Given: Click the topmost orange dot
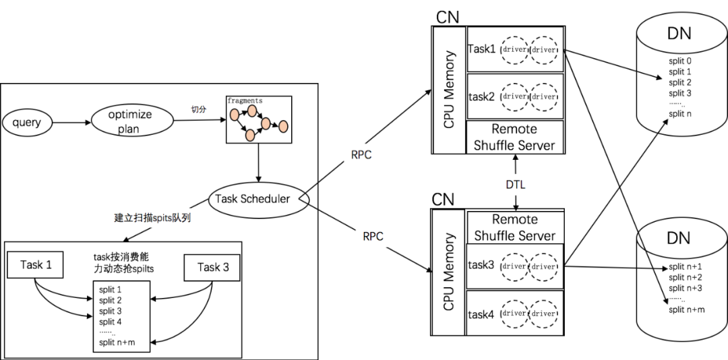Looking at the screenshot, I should pyautogui.click(x=252, y=111).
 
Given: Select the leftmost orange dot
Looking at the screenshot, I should pyautogui.click(x=235, y=115).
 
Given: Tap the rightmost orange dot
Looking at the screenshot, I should pyautogui.click(x=283, y=126).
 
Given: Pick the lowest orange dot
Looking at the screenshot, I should pyautogui.click(x=250, y=135).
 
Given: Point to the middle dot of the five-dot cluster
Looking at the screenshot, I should pyautogui.click(x=266, y=123).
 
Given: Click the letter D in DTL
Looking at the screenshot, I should pyautogui.click(x=510, y=185).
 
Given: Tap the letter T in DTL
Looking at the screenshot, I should pyautogui.click(x=516, y=185).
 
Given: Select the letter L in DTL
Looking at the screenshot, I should pyautogui.click(x=522, y=185).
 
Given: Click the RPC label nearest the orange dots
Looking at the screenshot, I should pyautogui.click(x=361, y=154).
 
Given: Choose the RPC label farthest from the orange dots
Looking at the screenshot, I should pyautogui.click(x=373, y=237).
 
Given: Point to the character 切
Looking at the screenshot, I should pyautogui.click(x=195, y=109).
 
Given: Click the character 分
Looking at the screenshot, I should pyautogui.click(x=202, y=109).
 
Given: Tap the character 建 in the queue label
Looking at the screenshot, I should pyautogui.click(x=119, y=218).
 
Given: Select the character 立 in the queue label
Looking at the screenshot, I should pyautogui.click(x=128, y=218).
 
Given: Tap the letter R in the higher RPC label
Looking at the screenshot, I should pyautogui.click(x=355, y=154).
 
